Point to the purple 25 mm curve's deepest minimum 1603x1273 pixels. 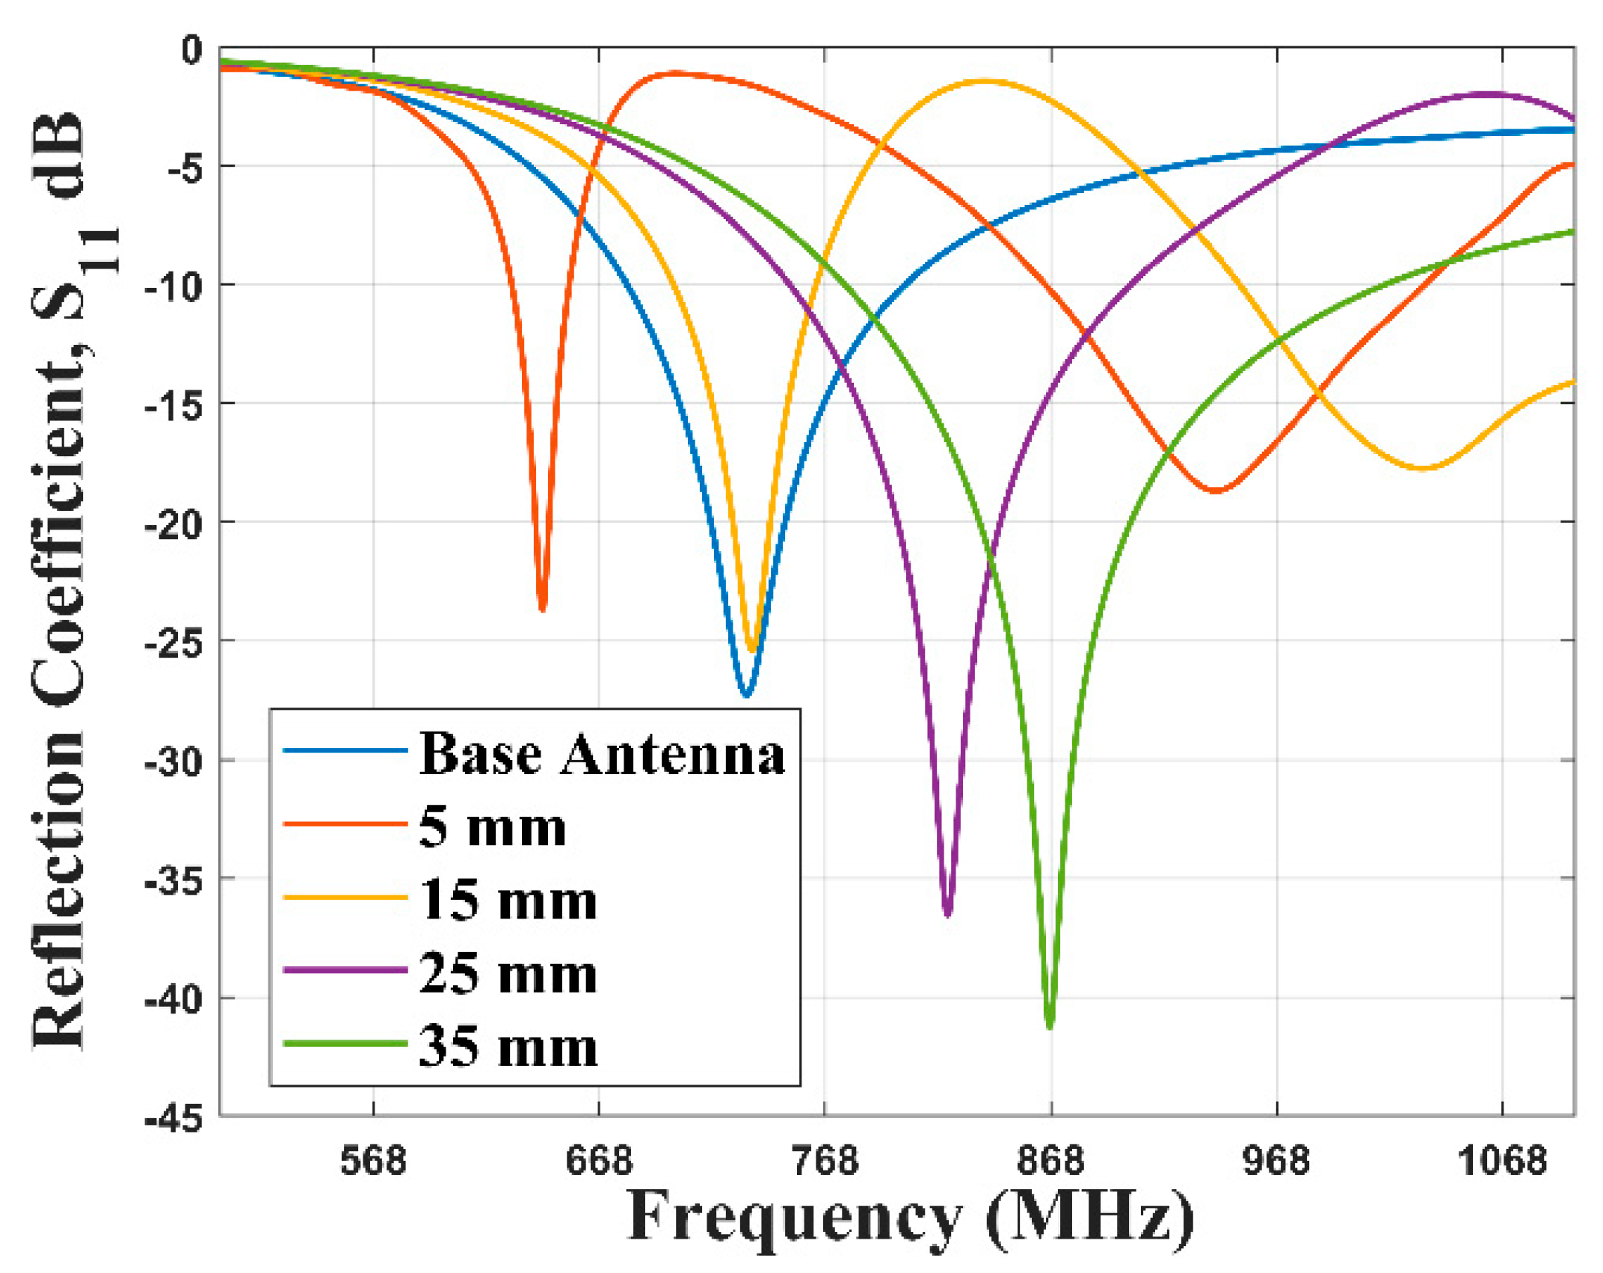[x=948, y=912]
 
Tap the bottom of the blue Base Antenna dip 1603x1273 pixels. [x=745, y=694]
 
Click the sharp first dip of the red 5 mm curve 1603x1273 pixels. [x=543, y=608]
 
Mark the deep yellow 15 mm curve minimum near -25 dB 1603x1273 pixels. [x=753, y=649]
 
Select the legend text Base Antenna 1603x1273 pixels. [x=602, y=754]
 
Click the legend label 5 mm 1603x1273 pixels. [x=493, y=827]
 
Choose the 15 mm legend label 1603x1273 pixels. [x=508, y=901]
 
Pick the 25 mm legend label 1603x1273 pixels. [x=508, y=974]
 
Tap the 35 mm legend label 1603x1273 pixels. [x=508, y=1047]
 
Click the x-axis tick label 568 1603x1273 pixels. [x=373, y=1161]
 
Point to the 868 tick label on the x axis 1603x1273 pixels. [x=1050, y=1161]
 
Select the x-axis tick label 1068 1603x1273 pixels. [x=1501, y=1161]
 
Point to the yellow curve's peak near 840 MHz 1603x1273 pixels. [x=985, y=81]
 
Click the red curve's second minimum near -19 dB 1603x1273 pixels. [x=1216, y=491]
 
